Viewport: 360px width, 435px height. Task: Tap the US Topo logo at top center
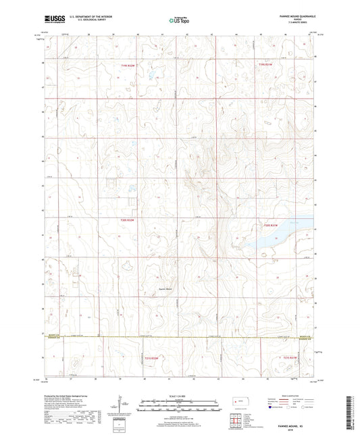click(x=179, y=21)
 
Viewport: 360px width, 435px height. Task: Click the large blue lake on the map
click(x=274, y=237)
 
